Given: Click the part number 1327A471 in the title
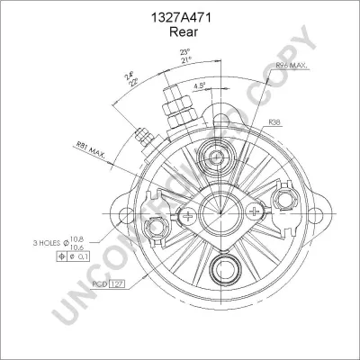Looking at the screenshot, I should click(x=180, y=15).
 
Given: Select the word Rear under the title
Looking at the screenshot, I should click(x=180, y=31).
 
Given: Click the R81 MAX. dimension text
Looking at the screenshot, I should click(x=92, y=149).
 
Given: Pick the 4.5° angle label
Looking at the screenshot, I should click(x=200, y=85).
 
